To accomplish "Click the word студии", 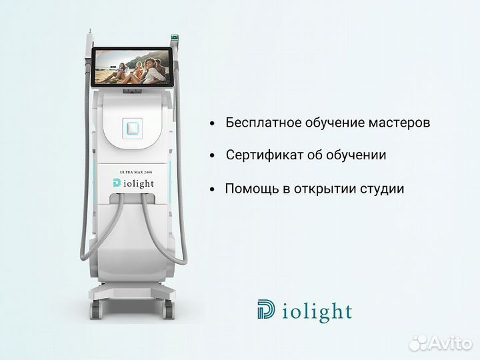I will (382, 189).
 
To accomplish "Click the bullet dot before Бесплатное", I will (211, 124).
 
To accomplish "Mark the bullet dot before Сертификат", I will (211, 156).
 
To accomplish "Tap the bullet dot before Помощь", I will (211, 189).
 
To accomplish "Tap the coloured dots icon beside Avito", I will (417, 342).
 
